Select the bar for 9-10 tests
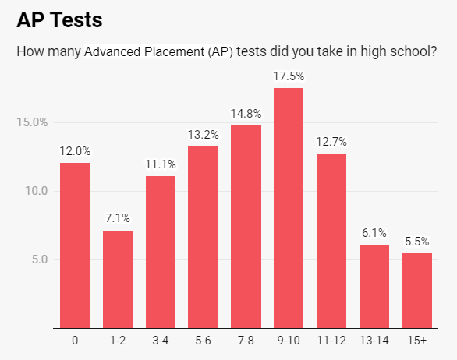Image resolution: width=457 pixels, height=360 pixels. click(x=289, y=208)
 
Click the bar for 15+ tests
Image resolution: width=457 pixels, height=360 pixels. click(x=416, y=290)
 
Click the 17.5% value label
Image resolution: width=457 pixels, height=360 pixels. click(x=289, y=76)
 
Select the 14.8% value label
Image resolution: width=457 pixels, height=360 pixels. click(x=246, y=114)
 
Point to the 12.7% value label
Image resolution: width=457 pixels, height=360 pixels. click(x=331, y=142)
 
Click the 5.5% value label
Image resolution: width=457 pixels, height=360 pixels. click(x=416, y=242)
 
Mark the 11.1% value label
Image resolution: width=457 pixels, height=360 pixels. click(x=161, y=164)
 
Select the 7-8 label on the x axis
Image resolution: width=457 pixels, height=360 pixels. click(x=246, y=341)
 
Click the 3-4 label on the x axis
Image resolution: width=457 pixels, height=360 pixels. click(x=161, y=341)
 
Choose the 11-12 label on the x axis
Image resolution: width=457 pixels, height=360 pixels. click(x=331, y=341)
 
